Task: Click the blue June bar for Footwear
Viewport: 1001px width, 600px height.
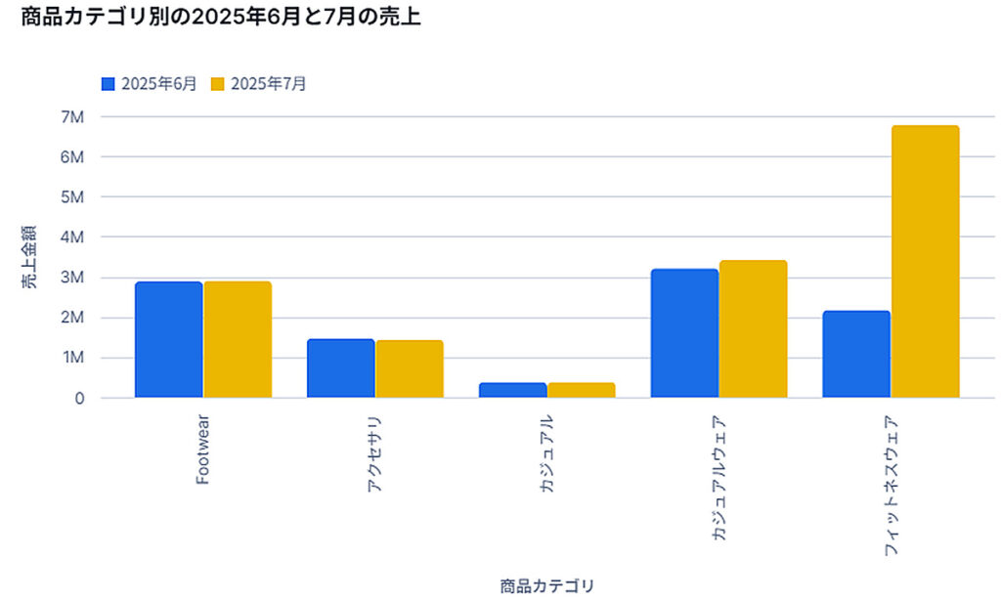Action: (x=169, y=339)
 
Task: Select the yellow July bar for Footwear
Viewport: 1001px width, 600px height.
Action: (x=238, y=339)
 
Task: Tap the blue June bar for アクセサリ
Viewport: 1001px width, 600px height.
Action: (x=341, y=368)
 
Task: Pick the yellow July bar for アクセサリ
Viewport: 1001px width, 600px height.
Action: (x=410, y=368)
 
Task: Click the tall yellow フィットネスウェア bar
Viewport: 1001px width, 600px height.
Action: (x=925, y=262)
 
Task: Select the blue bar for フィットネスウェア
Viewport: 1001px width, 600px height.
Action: (x=856, y=354)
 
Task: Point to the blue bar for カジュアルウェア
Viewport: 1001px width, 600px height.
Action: (x=684, y=333)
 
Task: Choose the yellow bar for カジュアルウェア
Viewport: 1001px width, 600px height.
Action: (x=753, y=329)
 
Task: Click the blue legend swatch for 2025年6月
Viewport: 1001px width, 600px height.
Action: (x=109, y=84)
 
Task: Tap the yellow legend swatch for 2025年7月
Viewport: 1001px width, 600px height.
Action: (x=218, y=84)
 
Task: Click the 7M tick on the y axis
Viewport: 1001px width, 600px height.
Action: (x=73, y=116)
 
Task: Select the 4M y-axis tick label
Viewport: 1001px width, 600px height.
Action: (x=73, y=237)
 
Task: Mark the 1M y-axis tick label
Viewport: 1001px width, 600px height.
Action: (x=73, y=359)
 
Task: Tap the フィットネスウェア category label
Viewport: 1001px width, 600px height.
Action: (x=891, y=486)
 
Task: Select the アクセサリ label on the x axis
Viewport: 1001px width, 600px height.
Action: (x=375, y=453)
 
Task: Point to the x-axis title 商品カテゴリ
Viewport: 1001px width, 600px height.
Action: (x=546, y=585)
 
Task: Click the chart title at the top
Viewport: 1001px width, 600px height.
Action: (x=221, y=18)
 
